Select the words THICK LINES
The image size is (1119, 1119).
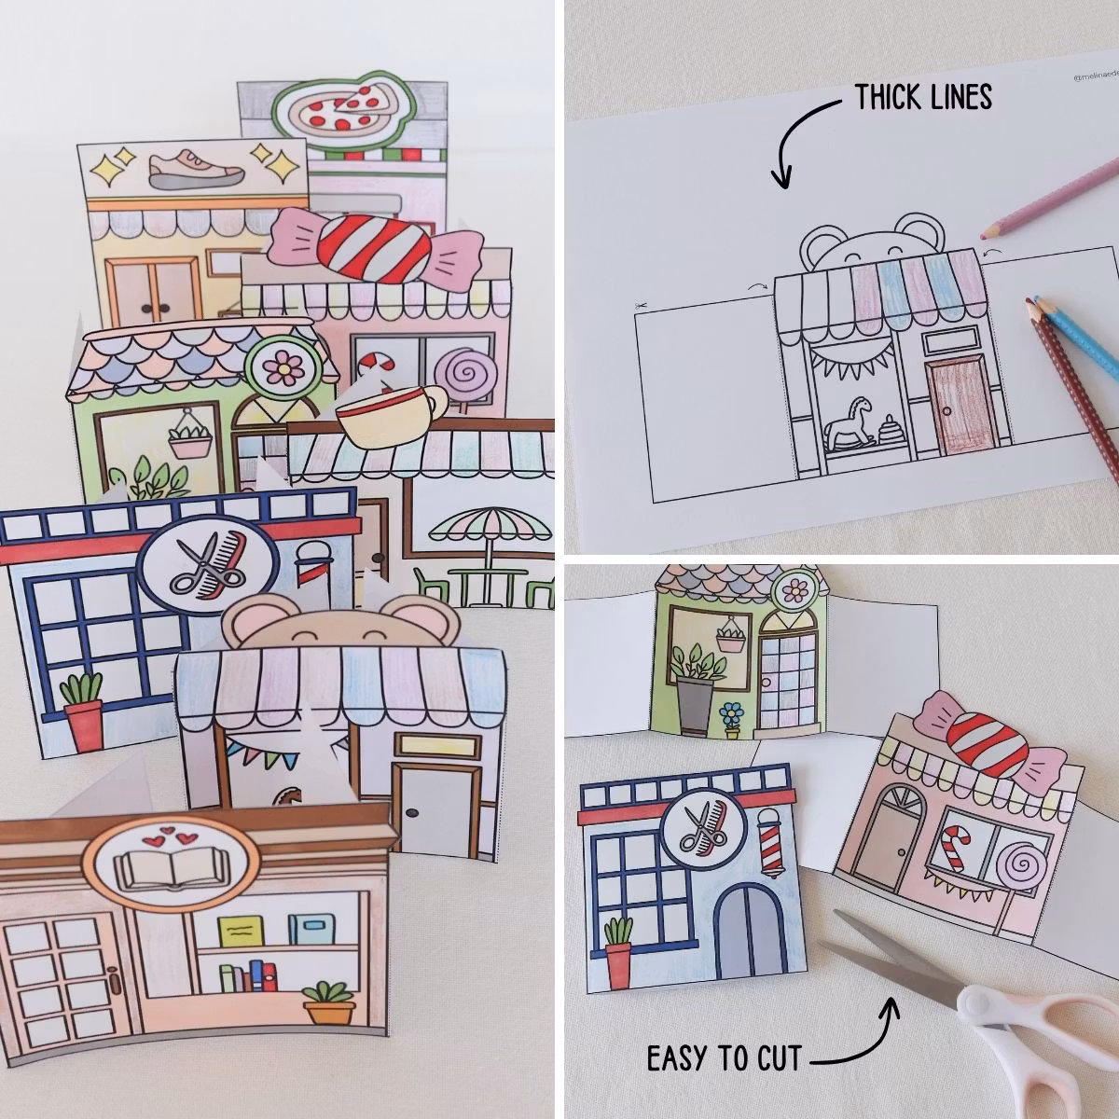pos(923,96)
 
